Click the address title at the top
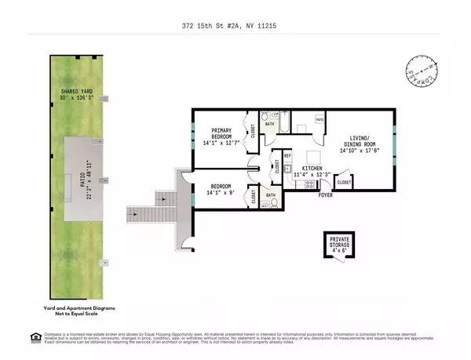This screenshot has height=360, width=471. point(235,24)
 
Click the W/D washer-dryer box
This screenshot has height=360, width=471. point(319,119)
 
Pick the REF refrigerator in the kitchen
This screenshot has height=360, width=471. point(287,156)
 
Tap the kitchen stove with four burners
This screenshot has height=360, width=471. point(309,185)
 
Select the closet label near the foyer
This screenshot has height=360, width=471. point(344,182)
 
